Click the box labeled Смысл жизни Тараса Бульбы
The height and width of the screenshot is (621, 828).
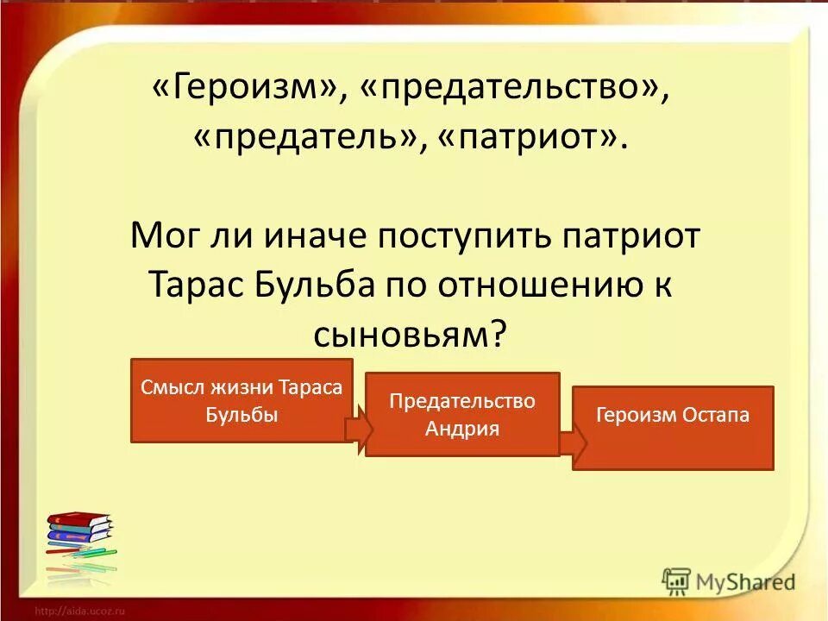tap(241, 400)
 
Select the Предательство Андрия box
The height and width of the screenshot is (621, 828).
tap(462, 414)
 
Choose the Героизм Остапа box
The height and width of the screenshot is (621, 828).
tap(673, 428)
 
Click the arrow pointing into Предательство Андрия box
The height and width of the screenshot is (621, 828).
tap(358, 430)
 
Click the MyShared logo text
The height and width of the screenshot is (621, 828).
tap(741, 581)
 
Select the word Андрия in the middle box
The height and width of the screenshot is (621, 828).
tap(462, 428)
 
